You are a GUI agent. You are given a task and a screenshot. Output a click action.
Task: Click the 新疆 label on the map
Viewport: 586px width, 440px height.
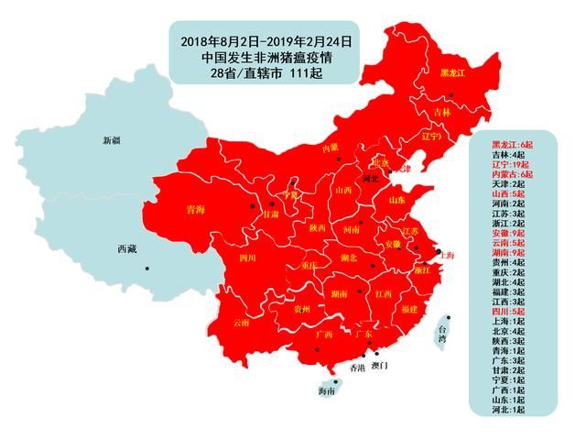tap(111, 140)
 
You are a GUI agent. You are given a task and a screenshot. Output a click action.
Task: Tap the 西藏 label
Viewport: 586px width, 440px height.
tap(127, 249)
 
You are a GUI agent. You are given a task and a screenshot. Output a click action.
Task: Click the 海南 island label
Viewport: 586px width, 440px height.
tap(326, 391)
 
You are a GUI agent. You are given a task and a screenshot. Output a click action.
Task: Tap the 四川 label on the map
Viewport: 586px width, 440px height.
tap(247, 259)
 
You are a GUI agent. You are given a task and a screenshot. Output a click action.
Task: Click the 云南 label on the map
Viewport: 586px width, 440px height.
tap(241, 323)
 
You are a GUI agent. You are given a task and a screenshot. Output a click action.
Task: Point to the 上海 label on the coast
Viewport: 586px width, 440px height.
tap(446, 256)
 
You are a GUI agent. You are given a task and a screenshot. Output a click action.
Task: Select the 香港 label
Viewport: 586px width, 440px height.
tap(356, 368)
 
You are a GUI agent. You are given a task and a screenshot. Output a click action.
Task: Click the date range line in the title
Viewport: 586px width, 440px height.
tap(266, 41)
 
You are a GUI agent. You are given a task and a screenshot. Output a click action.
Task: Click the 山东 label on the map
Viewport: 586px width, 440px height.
tap(398, 199)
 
